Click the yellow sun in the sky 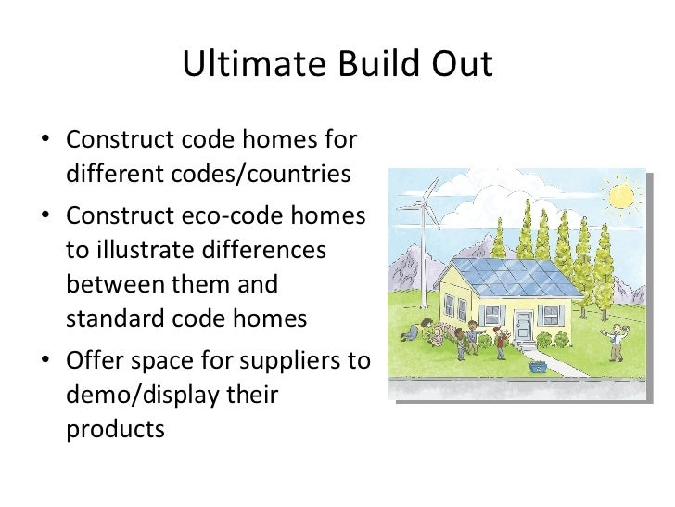620,196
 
